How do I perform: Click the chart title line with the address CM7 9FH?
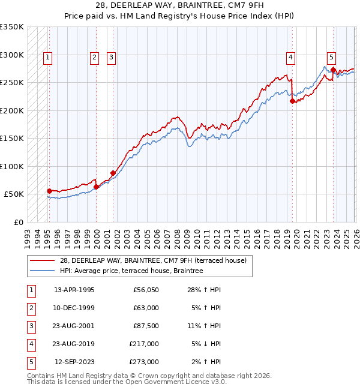(180, 5)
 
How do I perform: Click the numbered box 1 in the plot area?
(47, 58)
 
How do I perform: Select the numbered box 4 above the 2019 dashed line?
(290, 58)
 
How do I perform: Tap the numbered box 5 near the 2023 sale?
(331, 58)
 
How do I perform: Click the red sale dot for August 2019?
(292, 101)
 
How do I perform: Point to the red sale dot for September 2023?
(333, 70)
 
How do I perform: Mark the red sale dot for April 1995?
(49, 191)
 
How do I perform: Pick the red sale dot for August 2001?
(113, 173)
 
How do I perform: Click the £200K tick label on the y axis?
(12, 110)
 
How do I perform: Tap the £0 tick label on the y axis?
(18, 222)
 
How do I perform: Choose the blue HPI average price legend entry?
(131, 271)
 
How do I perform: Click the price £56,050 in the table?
(146, 290)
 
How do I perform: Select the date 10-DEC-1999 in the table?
(74, 308)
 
